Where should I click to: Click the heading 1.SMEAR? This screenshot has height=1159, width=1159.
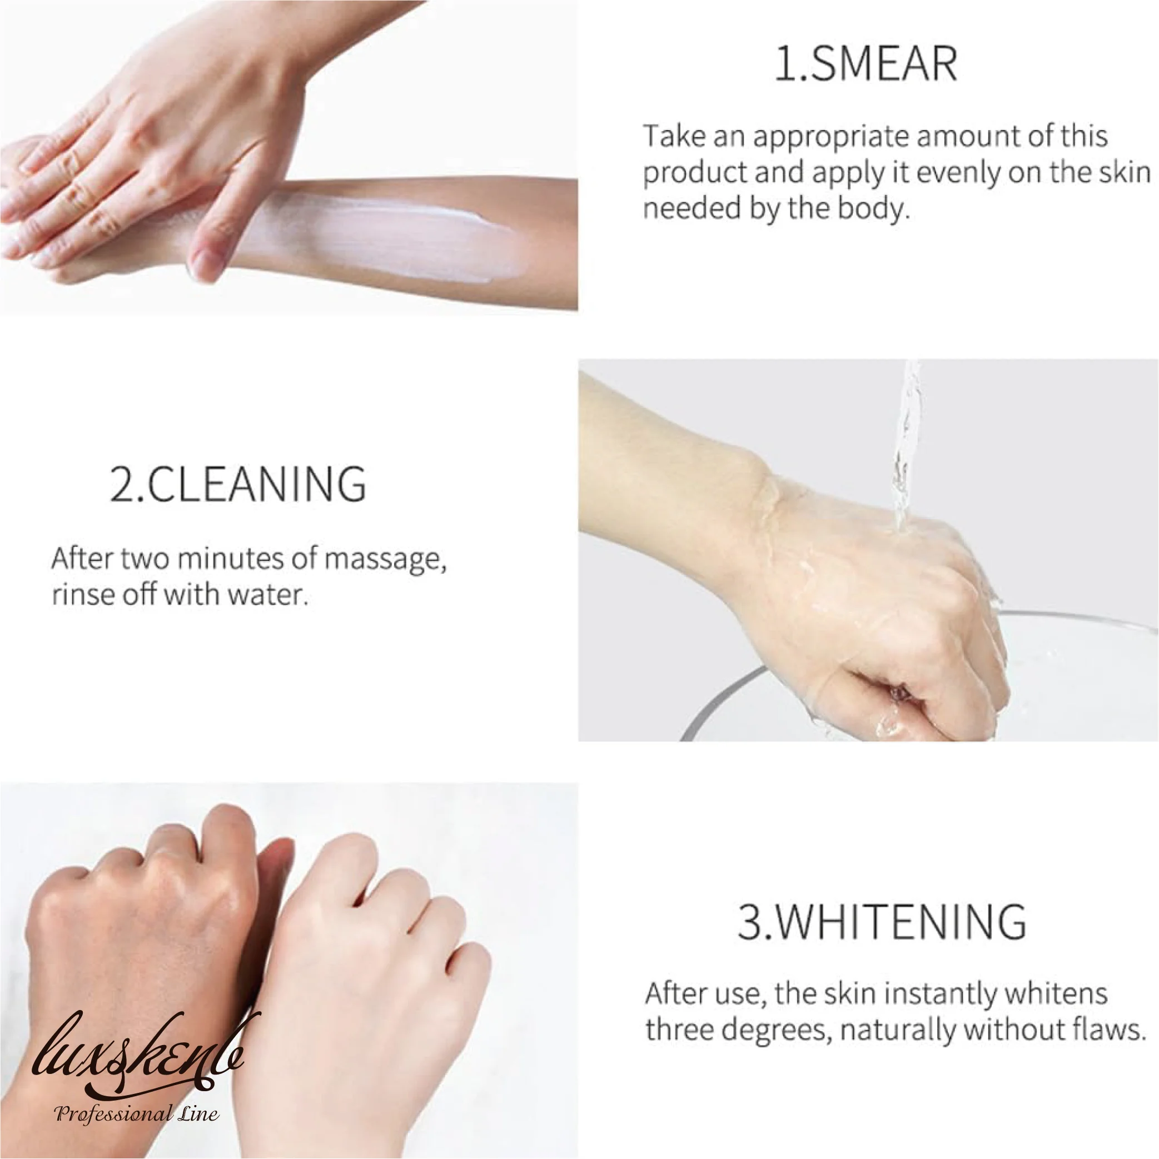[865, 65]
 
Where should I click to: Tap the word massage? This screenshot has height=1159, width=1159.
[385, 560]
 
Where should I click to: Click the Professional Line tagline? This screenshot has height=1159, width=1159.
[137, 1114]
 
